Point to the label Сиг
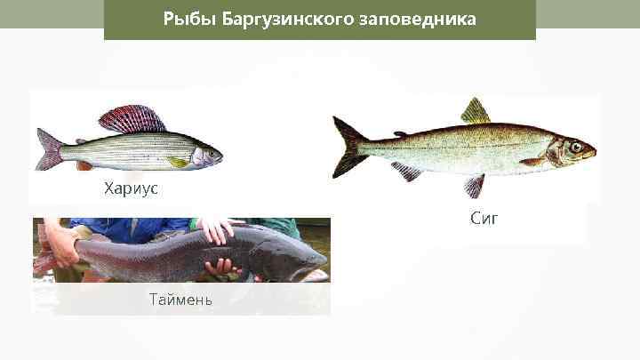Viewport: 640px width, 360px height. coord(484,217)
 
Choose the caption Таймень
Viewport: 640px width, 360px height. coord(180,299)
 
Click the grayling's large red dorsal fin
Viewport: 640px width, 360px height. coord(133,119)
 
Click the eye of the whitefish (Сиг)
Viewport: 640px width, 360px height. coord(576,146)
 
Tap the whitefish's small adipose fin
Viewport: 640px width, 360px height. coord(400,133)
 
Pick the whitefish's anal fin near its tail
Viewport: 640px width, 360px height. coord(406,171)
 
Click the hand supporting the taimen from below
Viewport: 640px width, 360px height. coord(220,267)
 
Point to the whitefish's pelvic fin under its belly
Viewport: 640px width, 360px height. coord(474,185)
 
